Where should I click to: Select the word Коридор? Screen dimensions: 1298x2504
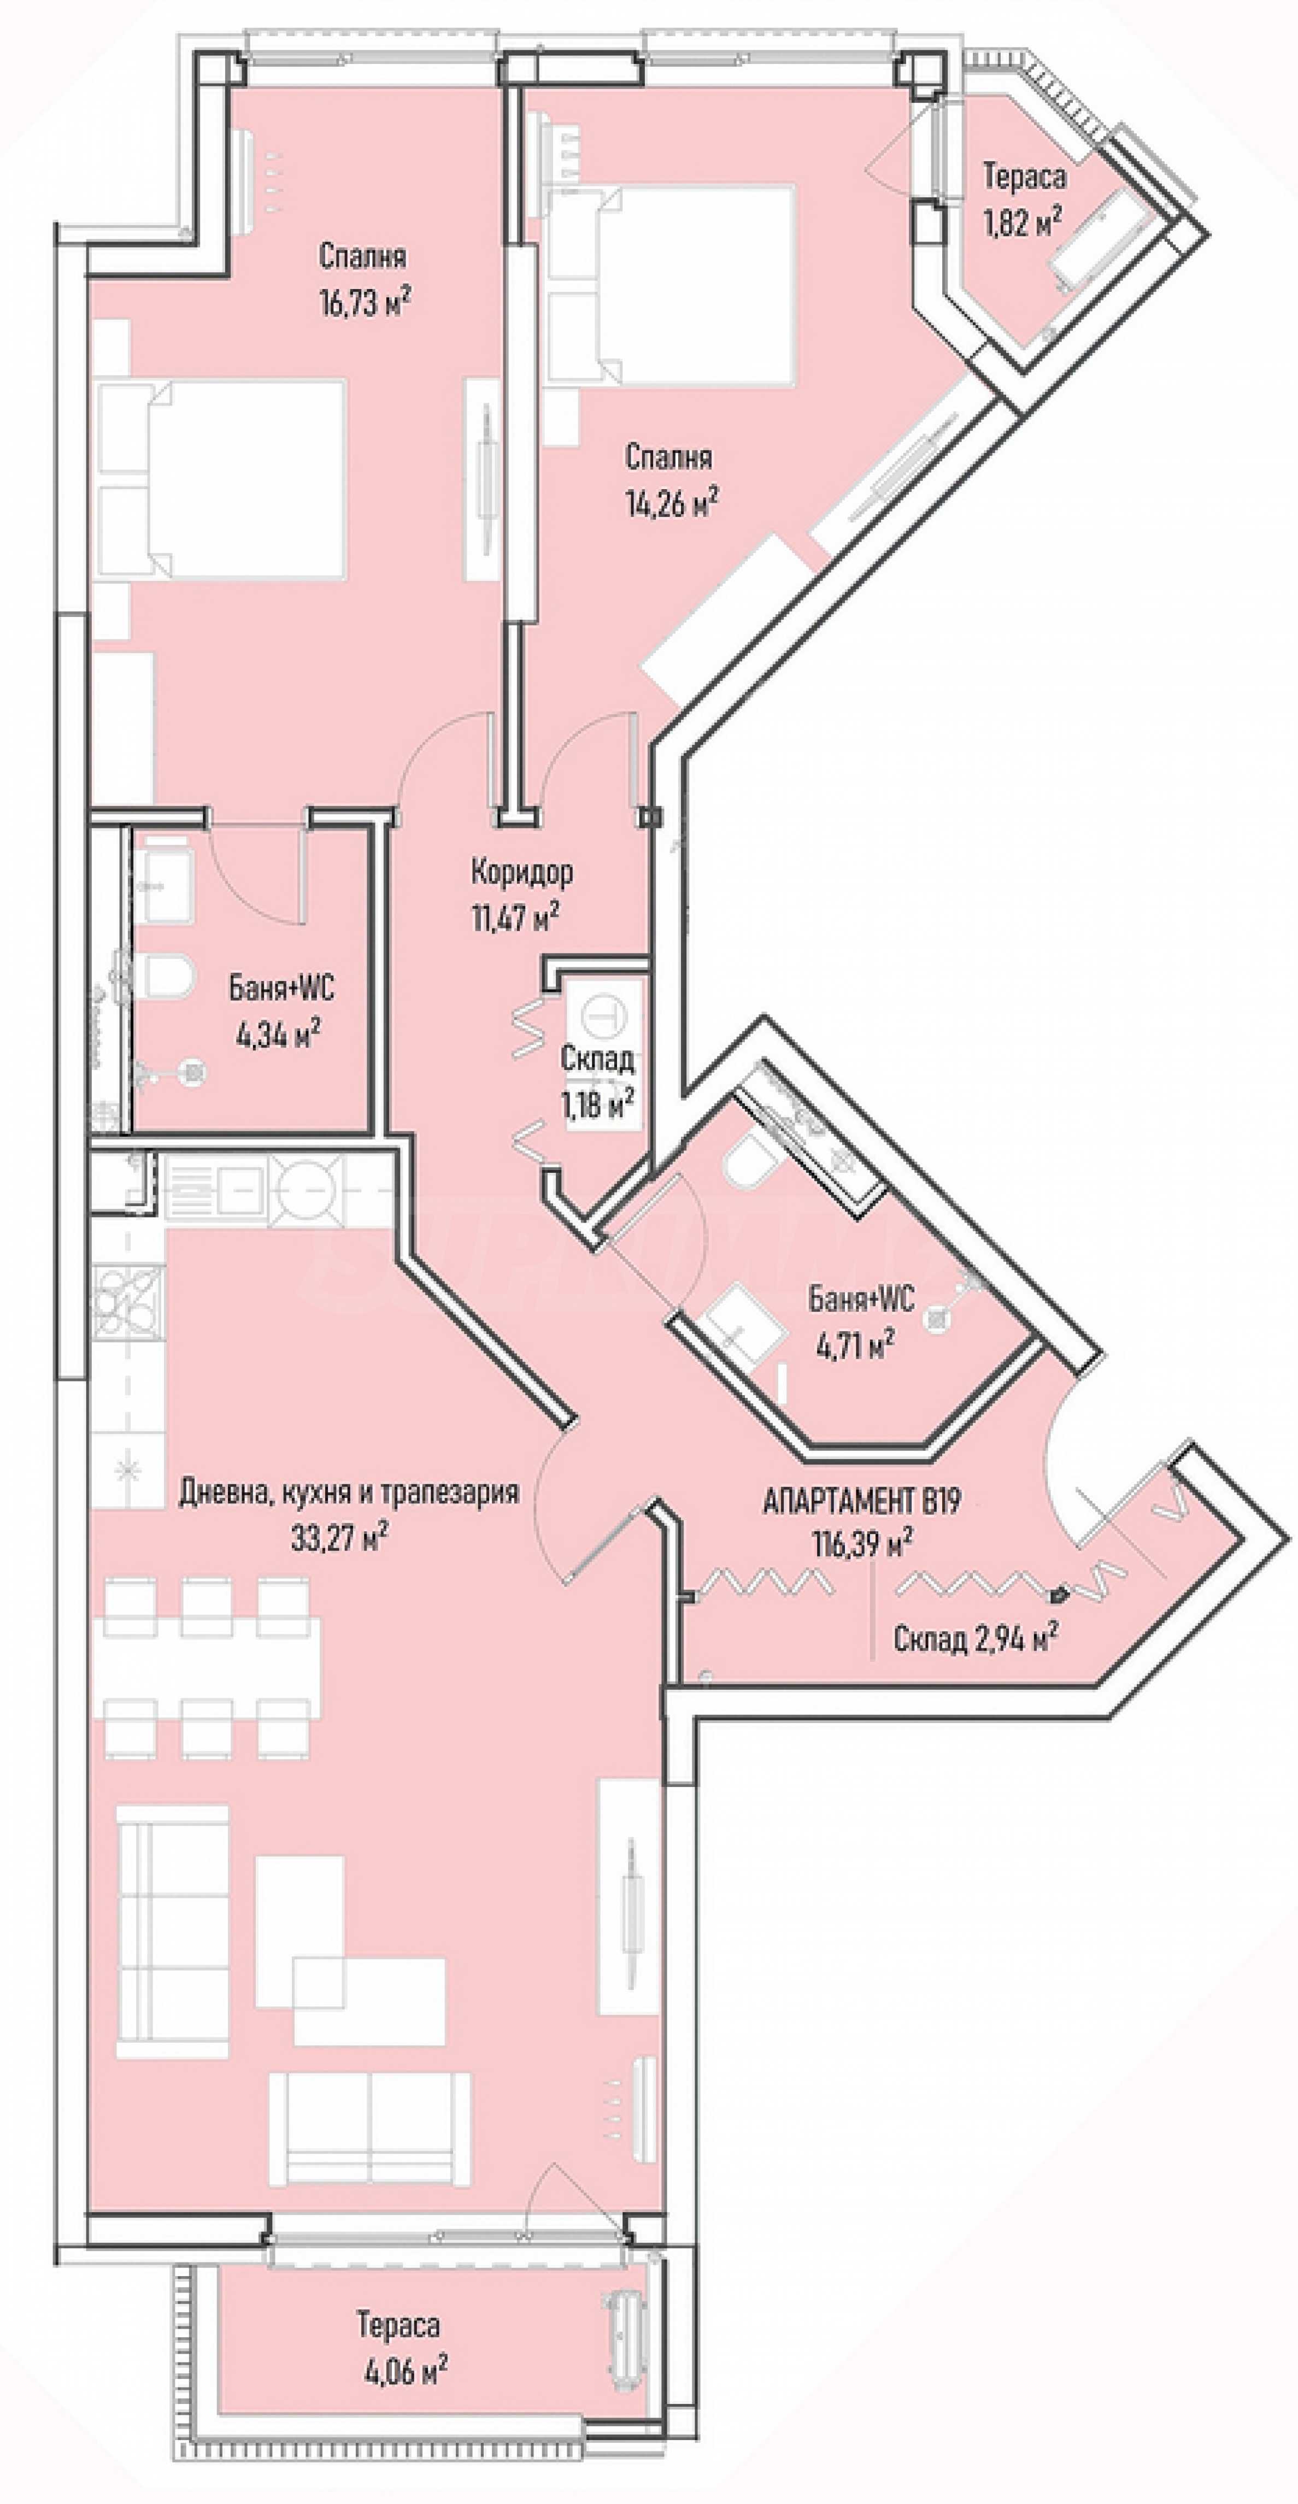[x=521, y=872]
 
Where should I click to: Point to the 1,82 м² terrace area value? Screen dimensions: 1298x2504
[x=1021, y=224]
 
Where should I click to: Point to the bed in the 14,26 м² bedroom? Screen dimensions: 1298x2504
[x=671, y=285]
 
